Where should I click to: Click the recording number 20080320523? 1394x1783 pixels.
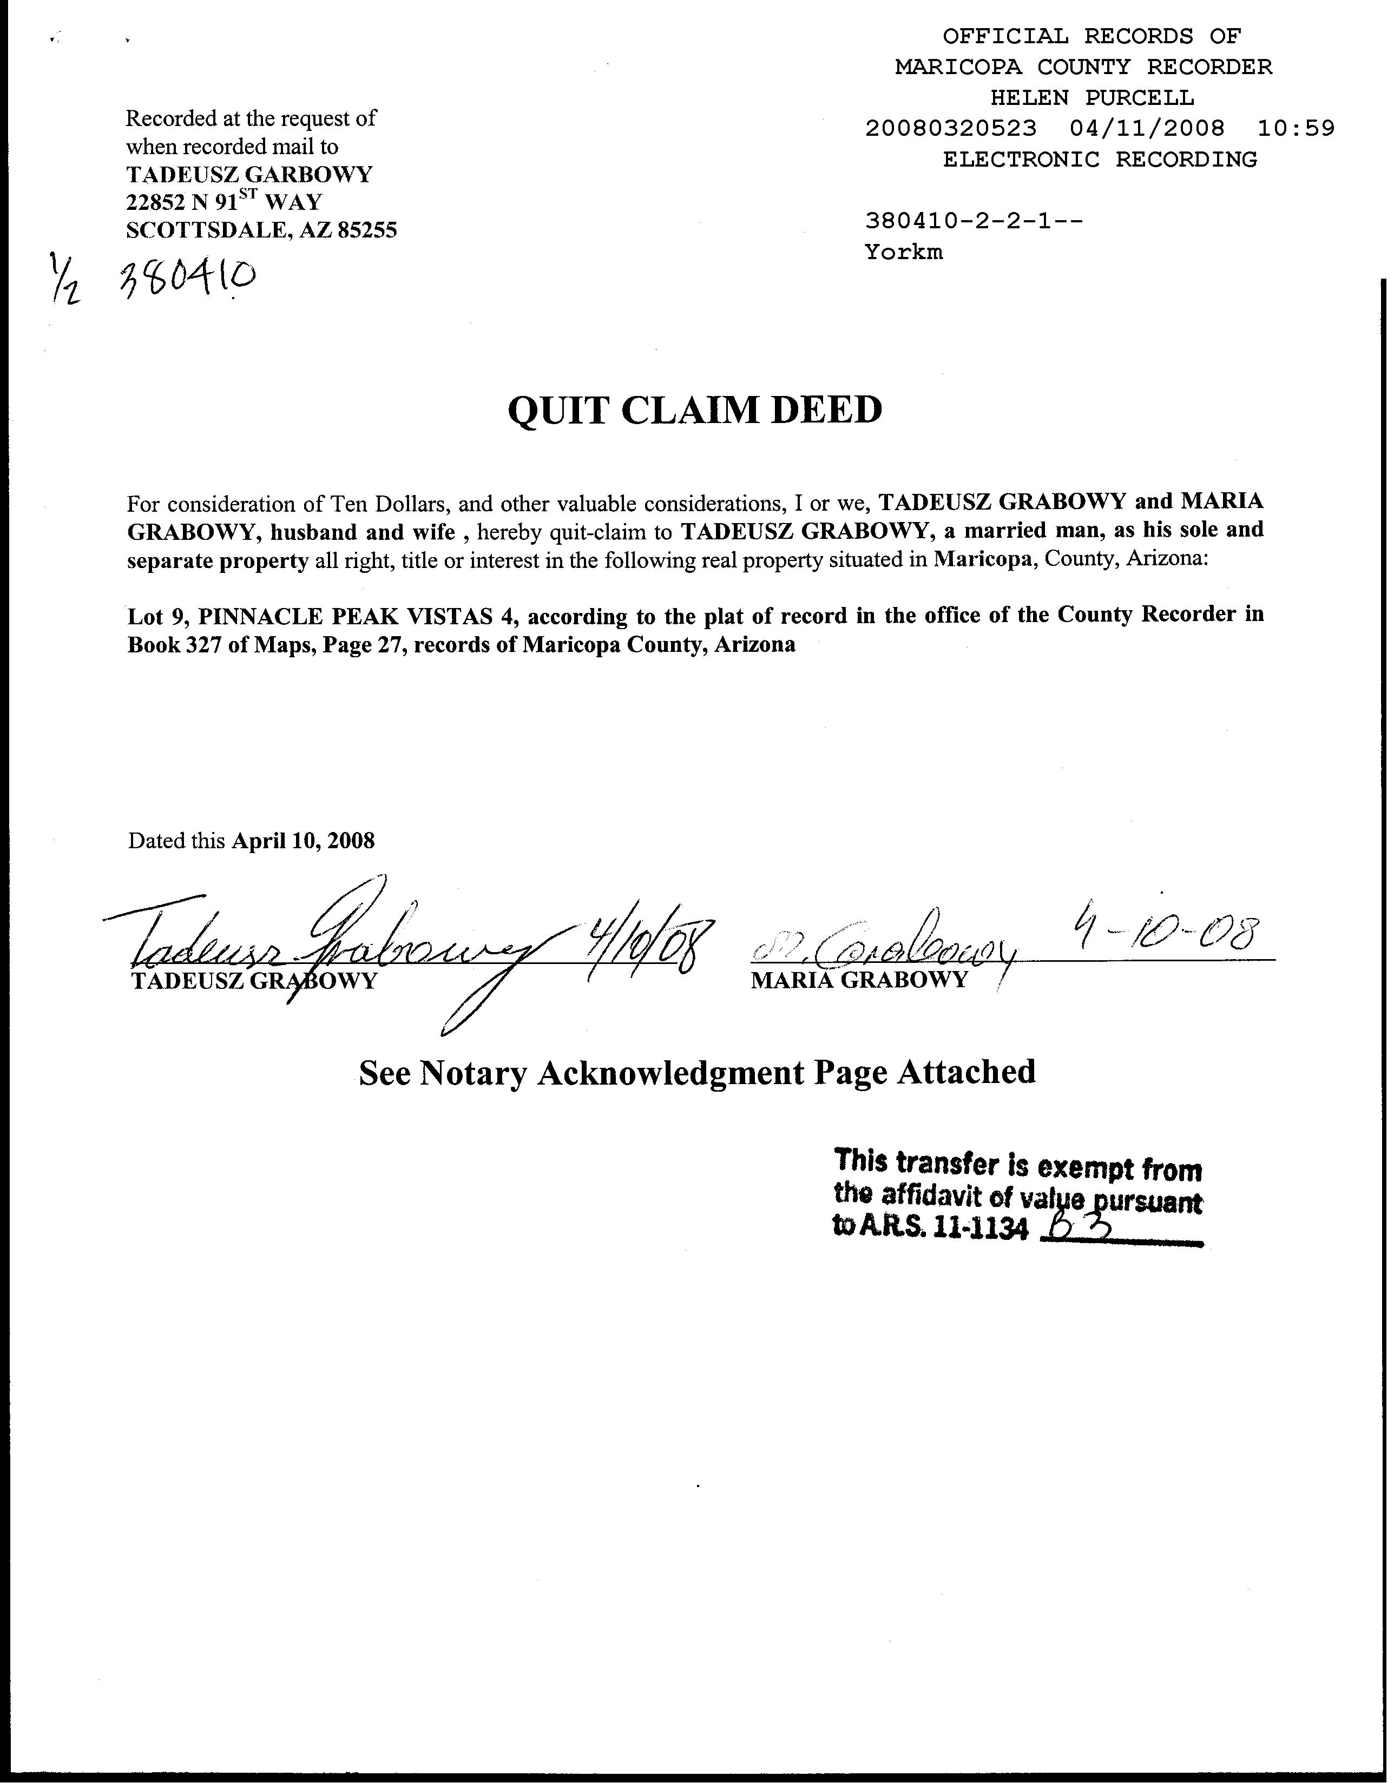(951, 128)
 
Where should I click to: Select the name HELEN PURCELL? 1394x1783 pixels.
(1092, 98)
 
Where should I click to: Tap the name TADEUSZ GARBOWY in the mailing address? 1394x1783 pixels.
(249, 174)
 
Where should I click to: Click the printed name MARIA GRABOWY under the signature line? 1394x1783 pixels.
(858, 980)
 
